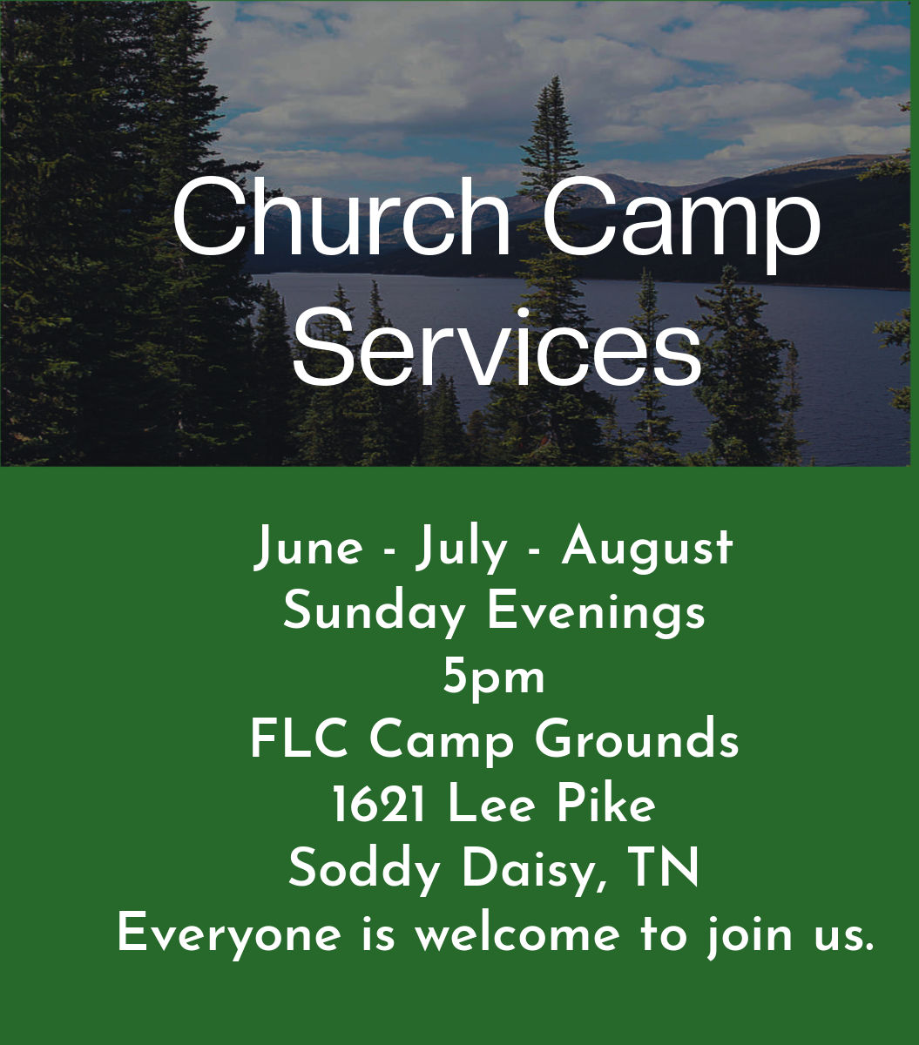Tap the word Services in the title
497,347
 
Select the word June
308,549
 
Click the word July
462,549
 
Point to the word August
647,549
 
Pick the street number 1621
378,805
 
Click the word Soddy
364,870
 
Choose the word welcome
518,933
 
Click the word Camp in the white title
680,223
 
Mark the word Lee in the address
490,805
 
